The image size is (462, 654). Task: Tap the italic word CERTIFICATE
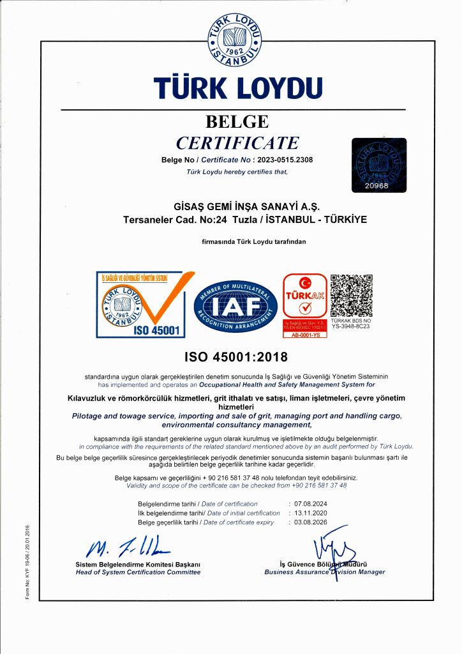pyautogui.click(x=237, y=142)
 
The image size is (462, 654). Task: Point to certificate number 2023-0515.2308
pyautogui.click(x=286, y=160)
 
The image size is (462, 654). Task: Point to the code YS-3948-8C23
pyautogui.click(x=351, y=326)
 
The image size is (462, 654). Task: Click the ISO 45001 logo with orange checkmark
pyautogui.click(x=141, y=304)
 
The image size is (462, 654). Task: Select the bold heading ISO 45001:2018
pyautogui.click(x=236, y=356)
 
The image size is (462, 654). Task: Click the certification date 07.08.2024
pyautogui.click(x=311, y=505)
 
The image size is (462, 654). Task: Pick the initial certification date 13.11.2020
pyautogui.click(x=311, y=513)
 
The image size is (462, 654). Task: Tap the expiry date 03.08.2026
pyautogui.click(x=311, y=522)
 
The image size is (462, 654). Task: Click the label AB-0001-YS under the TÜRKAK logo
pyautogui.click(x=304, y=335)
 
